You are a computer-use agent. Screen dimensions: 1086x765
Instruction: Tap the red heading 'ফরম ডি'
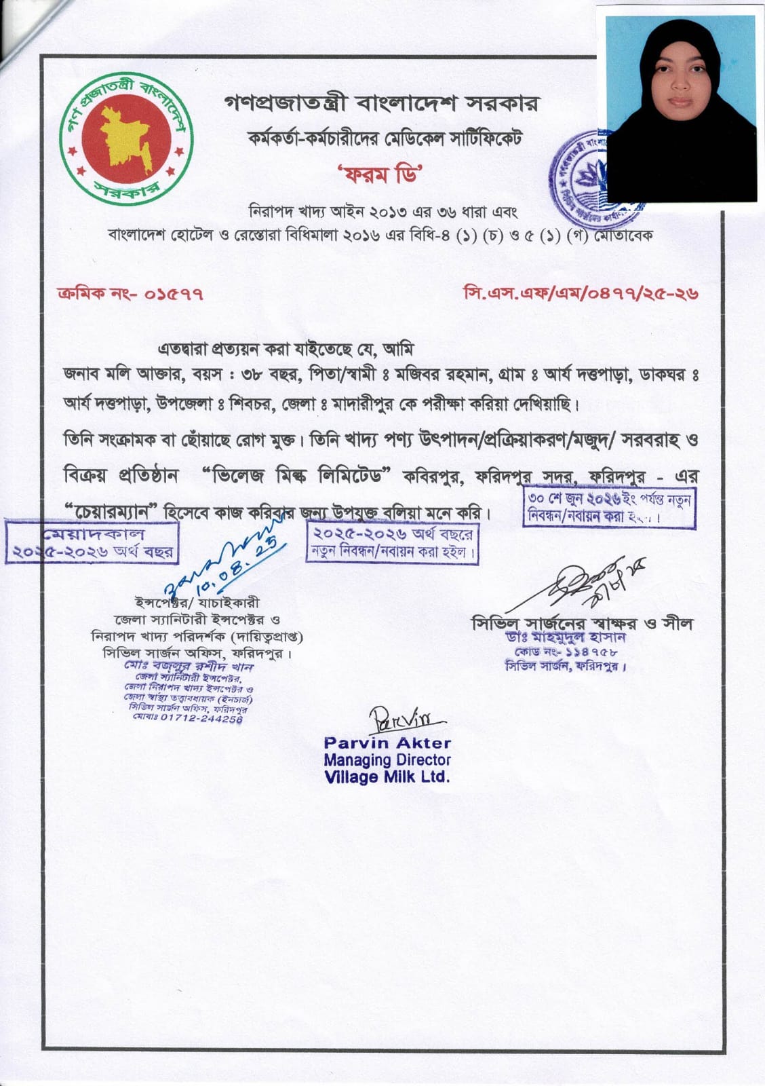[x=381, y=174]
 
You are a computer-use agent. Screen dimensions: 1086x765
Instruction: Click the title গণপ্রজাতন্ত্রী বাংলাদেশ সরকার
[x=381, y=104]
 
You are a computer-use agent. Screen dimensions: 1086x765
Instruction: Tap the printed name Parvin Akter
[x=387, y=743]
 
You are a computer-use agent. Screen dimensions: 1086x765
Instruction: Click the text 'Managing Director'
[x=387, y=760]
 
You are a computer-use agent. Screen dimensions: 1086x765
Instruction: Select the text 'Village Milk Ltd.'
[x=387, y=777]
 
